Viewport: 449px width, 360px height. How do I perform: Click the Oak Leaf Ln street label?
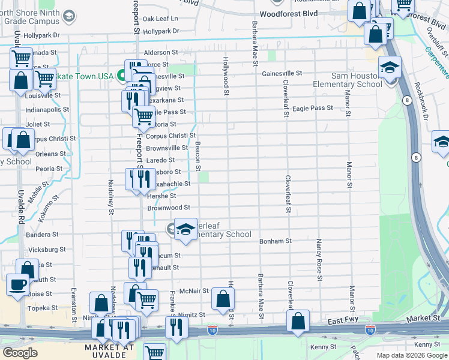(x=161, y=19)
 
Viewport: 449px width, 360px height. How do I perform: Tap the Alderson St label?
(x=161, y=52)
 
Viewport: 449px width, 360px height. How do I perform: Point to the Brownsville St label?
(x=167, y=148)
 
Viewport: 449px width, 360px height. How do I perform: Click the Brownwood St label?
(x=169, y=208)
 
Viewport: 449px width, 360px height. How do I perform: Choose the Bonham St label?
(x=275, y=241)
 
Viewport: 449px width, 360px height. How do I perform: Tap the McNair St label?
(x=193, y=290)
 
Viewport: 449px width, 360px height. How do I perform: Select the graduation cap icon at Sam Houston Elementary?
(x=390, y=68)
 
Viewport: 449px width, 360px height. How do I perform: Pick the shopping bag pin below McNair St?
(x=223, y=299)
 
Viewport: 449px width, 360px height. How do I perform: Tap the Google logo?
(x=20, y=353)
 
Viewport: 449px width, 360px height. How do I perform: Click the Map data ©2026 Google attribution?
(x=412, y=355)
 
